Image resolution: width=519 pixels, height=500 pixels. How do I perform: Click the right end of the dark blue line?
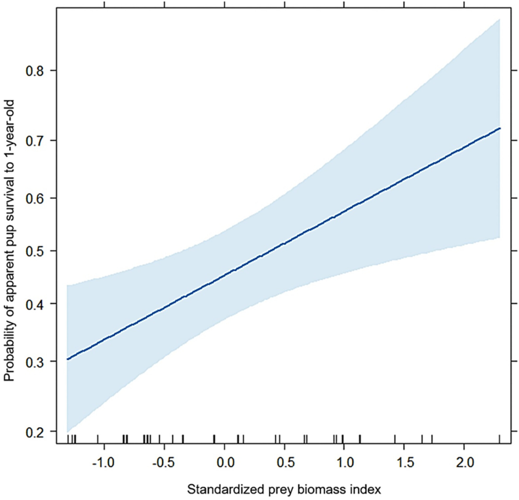[500, 128]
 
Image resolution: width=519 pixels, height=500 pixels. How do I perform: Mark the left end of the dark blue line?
[67, 359]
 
